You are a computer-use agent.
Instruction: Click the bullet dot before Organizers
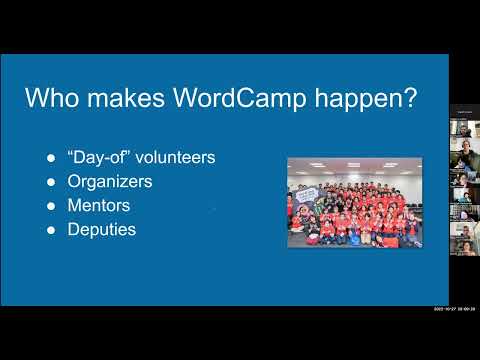pyautogui.click(x=52, y=182)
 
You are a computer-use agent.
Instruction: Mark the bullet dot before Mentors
pyautogui.click(x=52, y=206)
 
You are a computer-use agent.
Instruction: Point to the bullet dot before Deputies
pyautogui.click(x=52, y=230)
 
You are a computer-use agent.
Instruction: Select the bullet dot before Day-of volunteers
pyautogui.click(x=52, y=158)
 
